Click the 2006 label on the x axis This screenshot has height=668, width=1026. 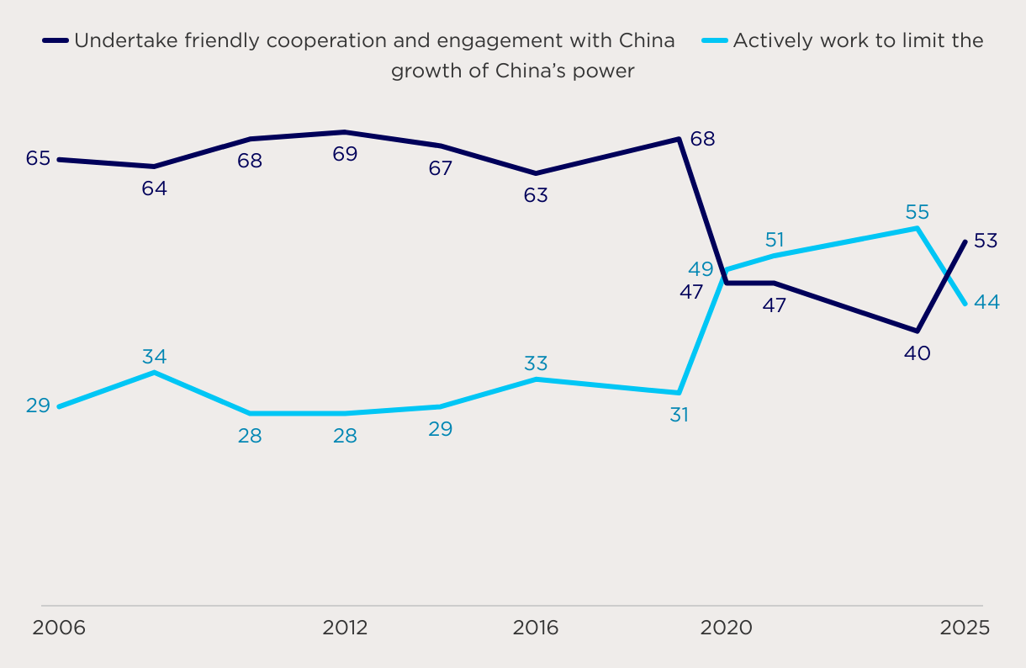click(59, 628)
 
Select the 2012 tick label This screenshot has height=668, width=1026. click(345, 628)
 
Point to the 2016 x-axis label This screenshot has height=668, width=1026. click(536, 628)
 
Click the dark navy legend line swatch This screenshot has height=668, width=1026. click(56, 40)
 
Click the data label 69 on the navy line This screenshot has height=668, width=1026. click(345, 154)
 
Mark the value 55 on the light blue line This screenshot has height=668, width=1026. click(917, 212)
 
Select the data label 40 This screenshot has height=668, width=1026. click(917, 353)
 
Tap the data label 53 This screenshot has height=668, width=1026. click(985, 241)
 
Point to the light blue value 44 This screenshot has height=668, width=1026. click(986, 302)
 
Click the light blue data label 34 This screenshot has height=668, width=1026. click(154, 357)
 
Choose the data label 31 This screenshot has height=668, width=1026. click(679, 415)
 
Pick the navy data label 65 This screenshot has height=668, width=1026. click(38, 158)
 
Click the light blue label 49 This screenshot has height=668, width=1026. click(701, 269)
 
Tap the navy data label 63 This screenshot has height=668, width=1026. click(536, 195)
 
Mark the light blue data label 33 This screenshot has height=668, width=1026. click(536, 363)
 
